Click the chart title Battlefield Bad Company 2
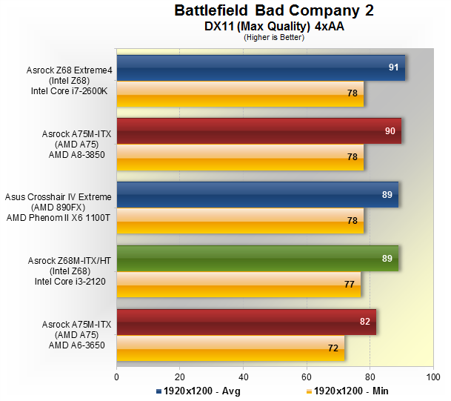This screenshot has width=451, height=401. click(274, 10)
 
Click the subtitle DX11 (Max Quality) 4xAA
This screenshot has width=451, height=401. click(274, 26)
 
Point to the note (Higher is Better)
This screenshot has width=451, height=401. click(274, 37)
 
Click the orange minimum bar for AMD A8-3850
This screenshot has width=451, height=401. click(240, 157)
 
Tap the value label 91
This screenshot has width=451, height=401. click(394, 67)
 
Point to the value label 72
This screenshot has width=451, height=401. click(333, 348)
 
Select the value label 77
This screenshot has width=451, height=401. click(350, 284)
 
